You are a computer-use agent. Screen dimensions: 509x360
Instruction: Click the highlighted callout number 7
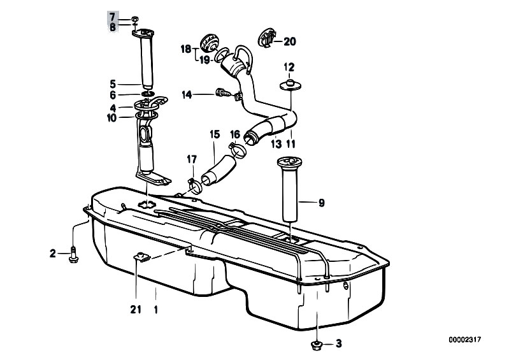(112, 17)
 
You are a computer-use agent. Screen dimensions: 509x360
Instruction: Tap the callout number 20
(290, 41)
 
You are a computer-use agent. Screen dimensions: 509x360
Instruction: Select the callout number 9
(321, 203)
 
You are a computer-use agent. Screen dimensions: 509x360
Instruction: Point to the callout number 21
(136, 310)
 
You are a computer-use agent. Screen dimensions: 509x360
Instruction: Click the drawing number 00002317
(465, 340)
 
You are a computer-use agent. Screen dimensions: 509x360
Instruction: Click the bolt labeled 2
(73, 254)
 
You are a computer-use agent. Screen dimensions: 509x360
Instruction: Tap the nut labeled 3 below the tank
(315, 345)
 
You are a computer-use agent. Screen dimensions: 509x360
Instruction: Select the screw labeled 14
(223, 92)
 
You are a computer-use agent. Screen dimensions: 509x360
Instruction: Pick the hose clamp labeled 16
(238, 150)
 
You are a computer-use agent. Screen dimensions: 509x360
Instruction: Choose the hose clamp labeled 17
(195, 185)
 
